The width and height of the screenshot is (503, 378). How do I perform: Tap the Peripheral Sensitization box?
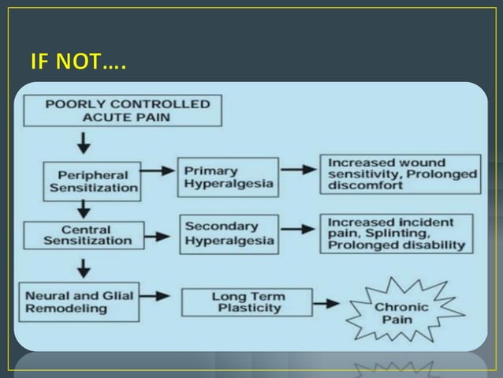[x=94, y=181]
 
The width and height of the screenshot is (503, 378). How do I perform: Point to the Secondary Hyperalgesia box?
[x=229, y=233]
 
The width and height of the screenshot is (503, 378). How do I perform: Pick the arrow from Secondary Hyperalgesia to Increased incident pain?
[x=298, y=233]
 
